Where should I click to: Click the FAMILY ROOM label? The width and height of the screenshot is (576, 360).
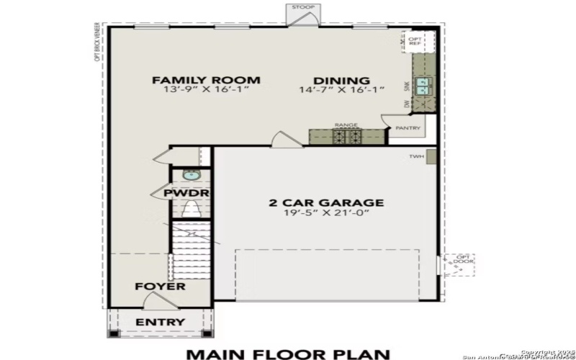tap(206, 80)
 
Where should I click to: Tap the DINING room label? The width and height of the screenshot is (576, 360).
tap(342, 81)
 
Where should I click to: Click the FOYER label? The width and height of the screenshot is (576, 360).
tap(160, 287)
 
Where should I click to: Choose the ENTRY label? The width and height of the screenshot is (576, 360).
tap(160, 321)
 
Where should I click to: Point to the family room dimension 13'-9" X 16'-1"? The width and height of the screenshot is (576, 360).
tap(206, 90)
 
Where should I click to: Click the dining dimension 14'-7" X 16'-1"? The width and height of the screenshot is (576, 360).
tap(342, 90)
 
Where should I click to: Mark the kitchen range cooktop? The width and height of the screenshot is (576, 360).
tap(346, 136)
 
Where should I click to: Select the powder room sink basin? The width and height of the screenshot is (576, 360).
tap(190, 174)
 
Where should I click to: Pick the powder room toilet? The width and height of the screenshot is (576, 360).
tap(191, 210)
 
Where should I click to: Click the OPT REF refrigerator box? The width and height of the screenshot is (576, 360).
tap(415, 41)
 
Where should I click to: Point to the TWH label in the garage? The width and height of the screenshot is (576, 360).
tap(415, 156)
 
